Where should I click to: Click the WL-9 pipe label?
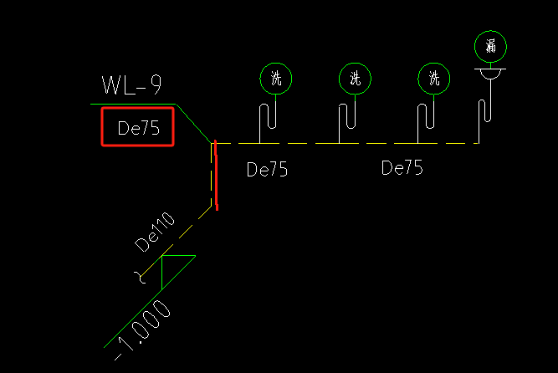[x=131, y=84]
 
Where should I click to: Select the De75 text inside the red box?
[x=138, y=128]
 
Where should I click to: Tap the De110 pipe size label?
[x=155, y=232]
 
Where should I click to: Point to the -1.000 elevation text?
[x=142, y=330]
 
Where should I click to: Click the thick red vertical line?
[x=216, y=175]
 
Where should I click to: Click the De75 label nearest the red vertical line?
[x=267, y=170]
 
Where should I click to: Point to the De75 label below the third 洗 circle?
[x=402, y=167]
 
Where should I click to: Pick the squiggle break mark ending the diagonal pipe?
[x=141, y=278]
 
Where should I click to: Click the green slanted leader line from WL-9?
[x=193, y=123]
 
